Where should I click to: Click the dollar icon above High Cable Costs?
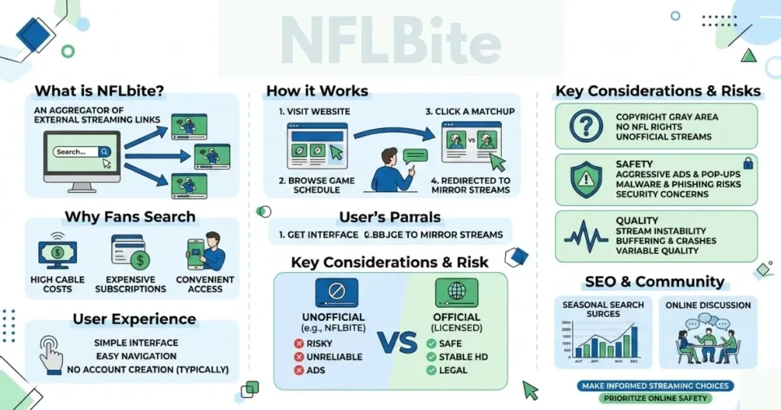click(58, 251)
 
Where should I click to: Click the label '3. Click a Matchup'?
click(470, 111)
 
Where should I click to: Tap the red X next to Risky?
click(298, 344)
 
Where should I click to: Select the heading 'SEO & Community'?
click(654, 281)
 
